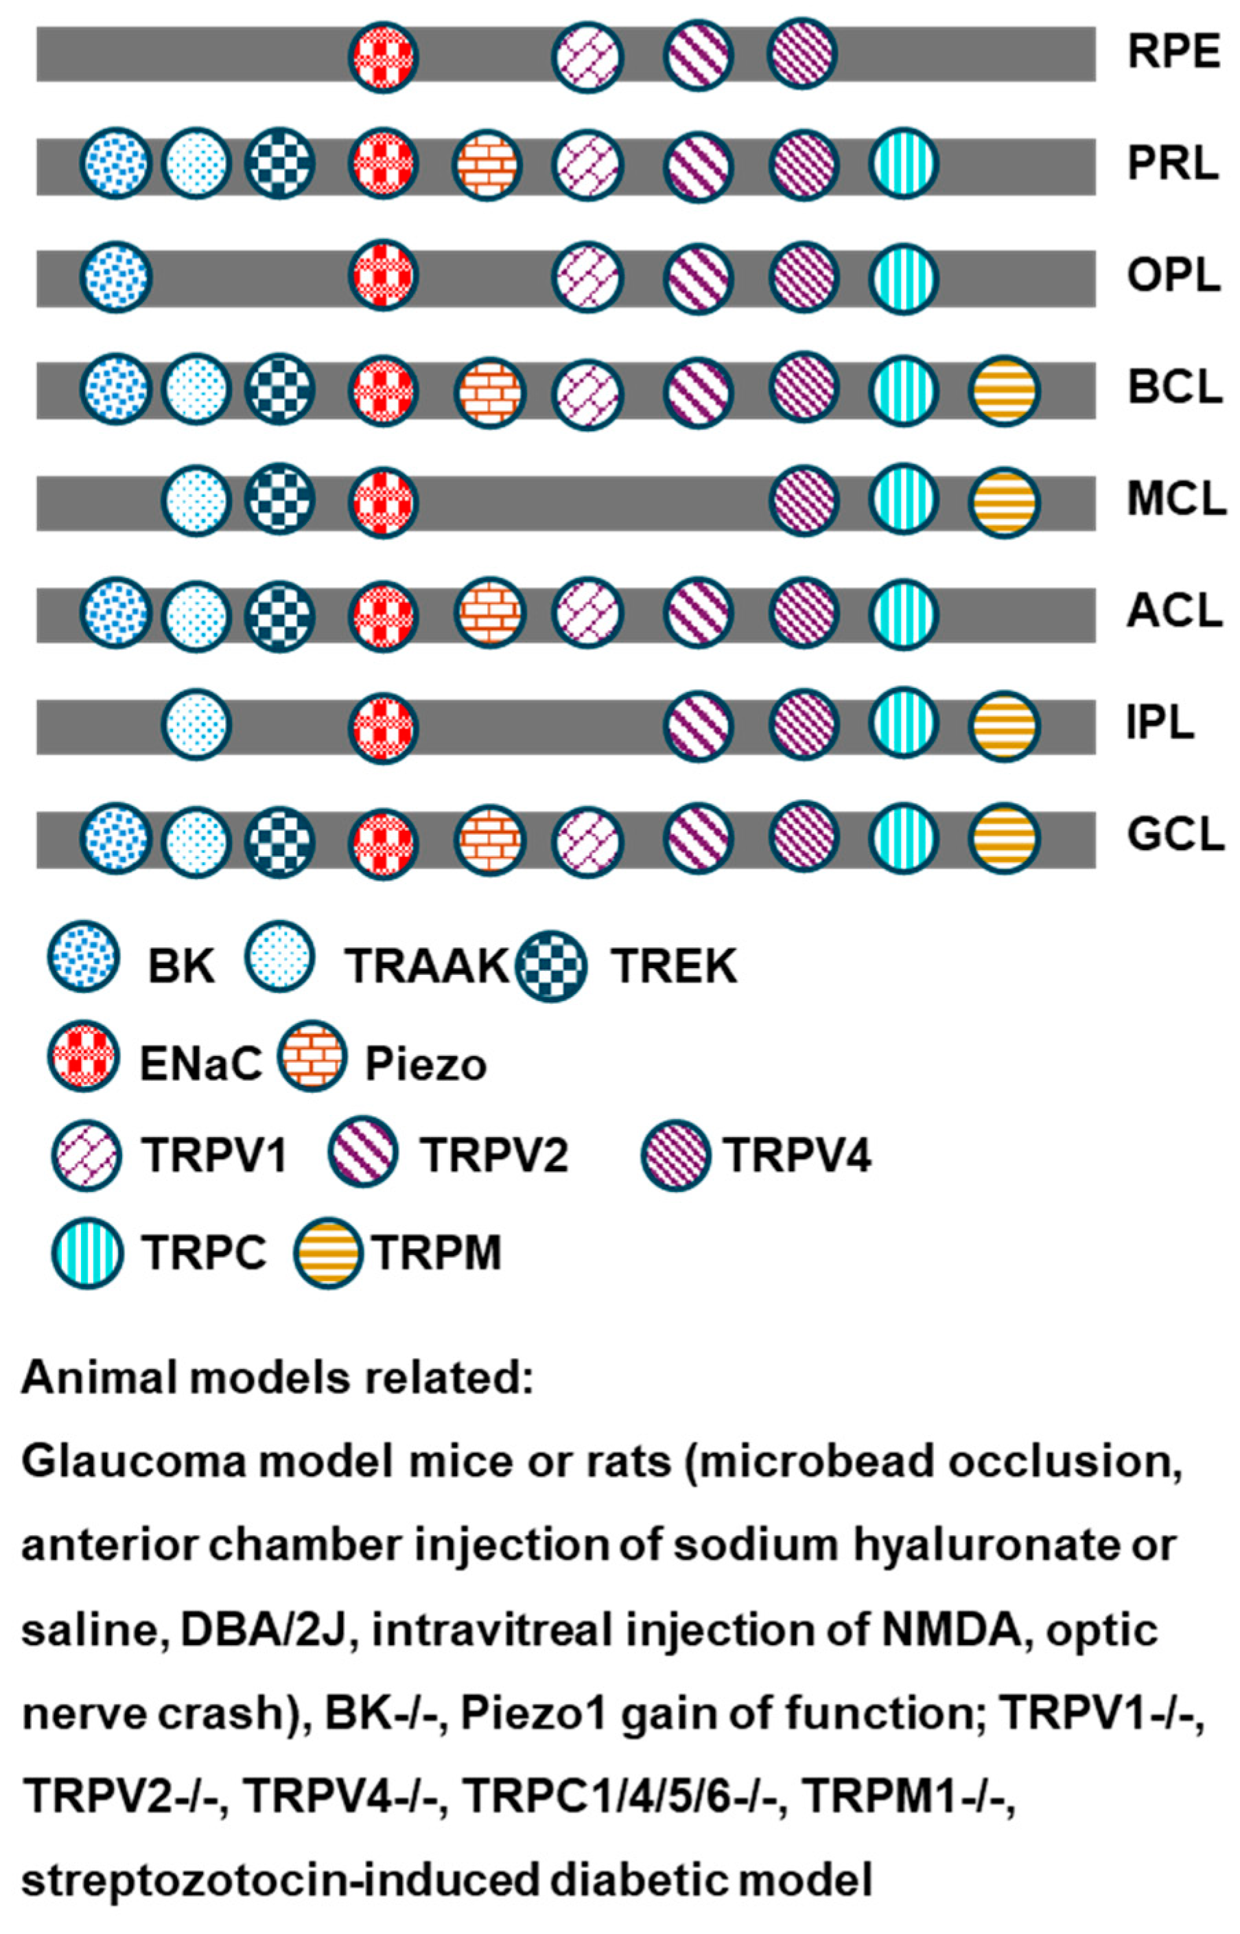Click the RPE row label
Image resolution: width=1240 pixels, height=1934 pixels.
coord(1173,52)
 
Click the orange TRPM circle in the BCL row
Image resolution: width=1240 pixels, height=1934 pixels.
coord(1003,391)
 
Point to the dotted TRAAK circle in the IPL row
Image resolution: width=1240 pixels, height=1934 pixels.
coord(196,724)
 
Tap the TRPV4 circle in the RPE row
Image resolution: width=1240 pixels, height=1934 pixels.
coord(802,53)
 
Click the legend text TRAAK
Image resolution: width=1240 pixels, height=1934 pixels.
coord(427,965)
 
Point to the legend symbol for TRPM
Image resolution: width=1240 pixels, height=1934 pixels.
coord(327,1252)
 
